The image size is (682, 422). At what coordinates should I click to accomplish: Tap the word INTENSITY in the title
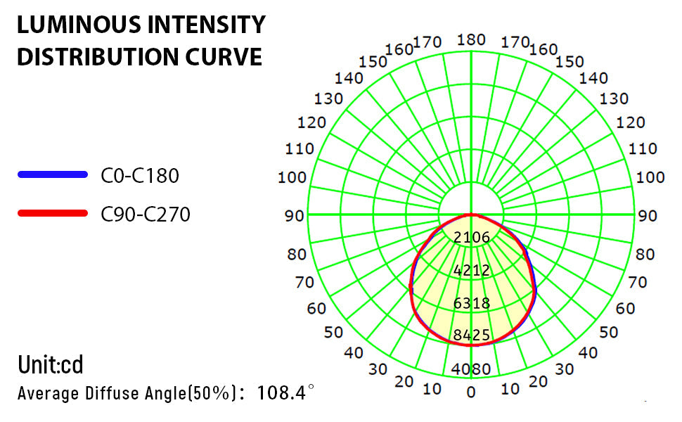tap(210, 25)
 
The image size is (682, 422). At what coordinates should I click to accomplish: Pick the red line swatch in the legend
tap(53, 212)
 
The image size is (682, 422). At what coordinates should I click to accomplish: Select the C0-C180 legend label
tap(140, 175)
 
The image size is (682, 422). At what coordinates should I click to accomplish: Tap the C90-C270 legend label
tap(146, 213)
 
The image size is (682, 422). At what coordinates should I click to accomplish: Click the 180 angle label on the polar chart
tap(471, 39)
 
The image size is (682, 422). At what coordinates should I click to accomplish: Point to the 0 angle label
tap(471, 392)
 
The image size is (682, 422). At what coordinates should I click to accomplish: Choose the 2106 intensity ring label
tap(471, 238)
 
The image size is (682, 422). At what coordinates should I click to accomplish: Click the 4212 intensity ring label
tap(471, 270)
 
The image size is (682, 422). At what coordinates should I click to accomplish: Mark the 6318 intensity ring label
tap(471, 303)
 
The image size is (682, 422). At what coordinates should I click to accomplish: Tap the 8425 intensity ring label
tap(471, 335)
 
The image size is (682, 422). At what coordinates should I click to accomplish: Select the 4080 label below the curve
tap(471, 369)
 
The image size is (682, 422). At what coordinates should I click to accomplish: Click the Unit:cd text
tap(51, 365)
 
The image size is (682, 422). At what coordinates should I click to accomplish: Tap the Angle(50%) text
tap(194, 392)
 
